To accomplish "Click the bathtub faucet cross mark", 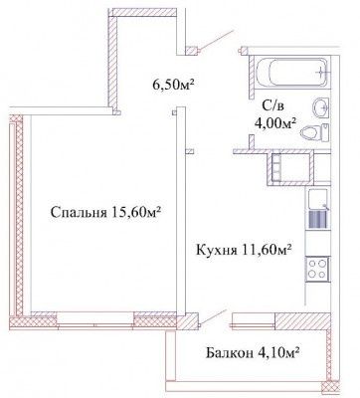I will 319,71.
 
